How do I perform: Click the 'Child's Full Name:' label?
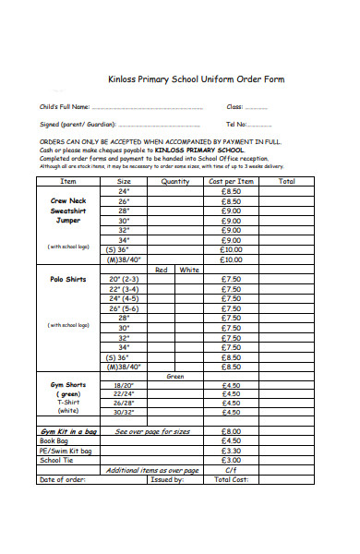pyautogui.click(x=65, y=107)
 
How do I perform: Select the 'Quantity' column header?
pyautogui.click(x=175, y=182)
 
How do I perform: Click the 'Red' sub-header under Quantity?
pyautogui.click(x=162, y=270)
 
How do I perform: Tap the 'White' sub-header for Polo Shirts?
pyautogui.click(x=189, y=270)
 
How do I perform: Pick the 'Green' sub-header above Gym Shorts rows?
pyautogui.click(x=175, y=376)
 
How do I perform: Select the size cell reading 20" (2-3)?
pyautogui.click(x=124, y=279)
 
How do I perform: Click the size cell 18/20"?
pyautogui.click(x=124, y=385)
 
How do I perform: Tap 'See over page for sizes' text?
pyautogui.click(x=152, y=431)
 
